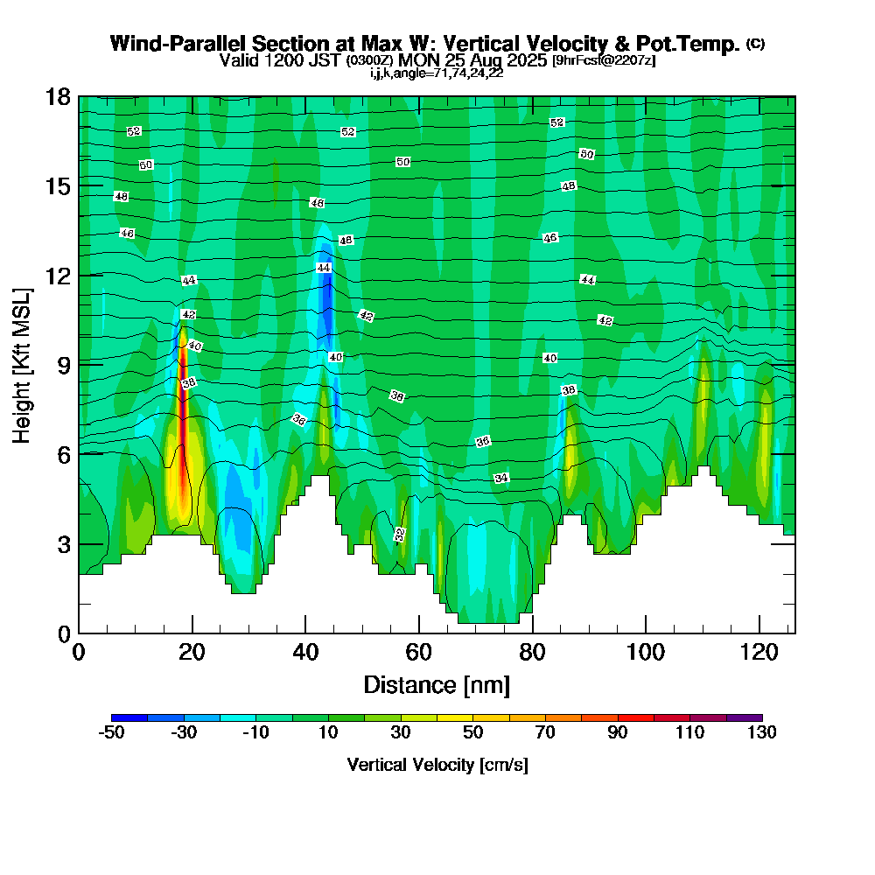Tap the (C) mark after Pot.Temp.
755,44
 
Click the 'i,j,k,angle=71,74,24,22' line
437,73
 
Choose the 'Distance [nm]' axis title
437,684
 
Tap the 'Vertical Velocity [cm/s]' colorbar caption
437,765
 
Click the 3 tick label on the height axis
63,544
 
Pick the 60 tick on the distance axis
419,653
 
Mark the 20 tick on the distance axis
192,653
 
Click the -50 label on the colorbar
111,732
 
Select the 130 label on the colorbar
762,732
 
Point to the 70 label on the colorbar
545,732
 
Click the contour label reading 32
400,534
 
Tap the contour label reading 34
501,479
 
